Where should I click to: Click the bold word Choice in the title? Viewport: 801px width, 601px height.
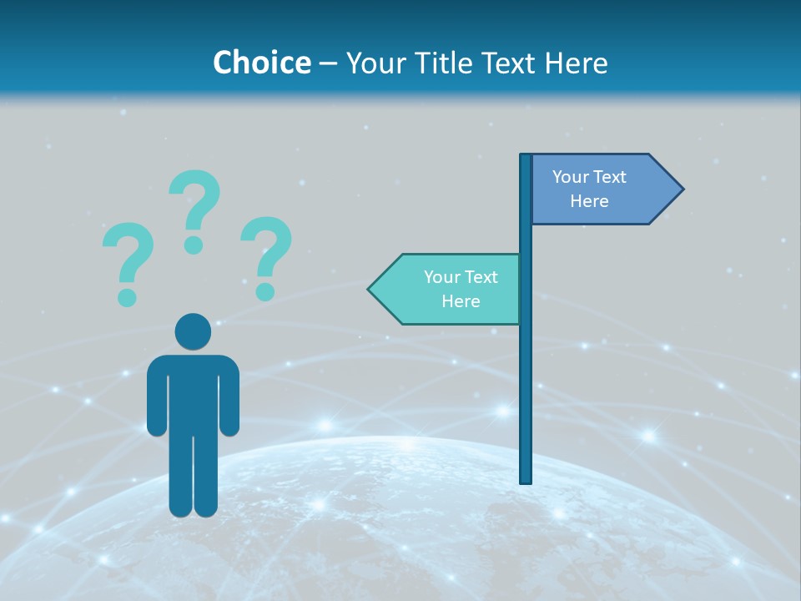261,63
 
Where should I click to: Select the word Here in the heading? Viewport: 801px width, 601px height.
576,63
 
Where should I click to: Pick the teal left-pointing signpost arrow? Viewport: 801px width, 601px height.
446,289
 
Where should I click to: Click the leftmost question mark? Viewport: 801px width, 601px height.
127,259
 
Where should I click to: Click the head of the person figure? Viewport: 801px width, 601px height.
193,331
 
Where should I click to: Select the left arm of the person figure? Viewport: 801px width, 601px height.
156,396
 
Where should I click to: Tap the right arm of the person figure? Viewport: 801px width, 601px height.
229,396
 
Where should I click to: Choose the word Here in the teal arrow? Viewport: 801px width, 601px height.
461,301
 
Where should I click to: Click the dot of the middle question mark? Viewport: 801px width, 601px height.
194,245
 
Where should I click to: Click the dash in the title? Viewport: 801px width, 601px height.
329,63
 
